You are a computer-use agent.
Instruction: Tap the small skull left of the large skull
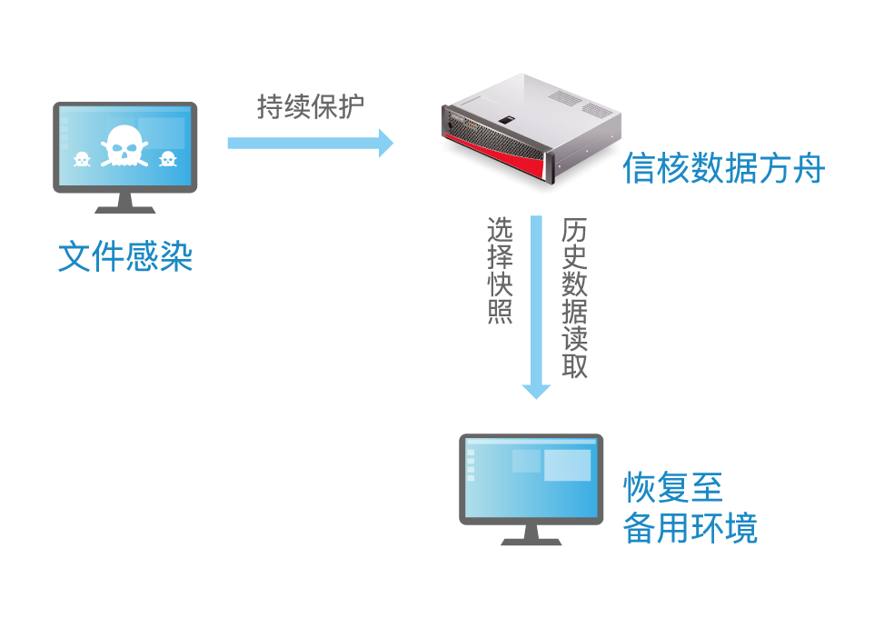coord(80,160)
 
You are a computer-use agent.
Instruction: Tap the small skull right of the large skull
coord(167,160)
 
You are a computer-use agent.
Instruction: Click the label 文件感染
coord(125,256)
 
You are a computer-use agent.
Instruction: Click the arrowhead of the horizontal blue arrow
coord(385,143)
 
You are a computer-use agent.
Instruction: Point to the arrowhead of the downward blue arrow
coord(536,390)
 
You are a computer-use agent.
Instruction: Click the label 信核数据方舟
coord(723,169)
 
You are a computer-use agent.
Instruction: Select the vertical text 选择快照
coord(501,270)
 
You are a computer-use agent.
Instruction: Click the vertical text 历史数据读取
coord(574,297)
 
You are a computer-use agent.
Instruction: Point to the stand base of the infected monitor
coord(124,208)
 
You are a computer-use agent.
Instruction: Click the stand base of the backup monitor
coord(531,540)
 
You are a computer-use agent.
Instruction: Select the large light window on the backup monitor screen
coord(567,464)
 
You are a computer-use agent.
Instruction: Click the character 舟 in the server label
coord(808,169)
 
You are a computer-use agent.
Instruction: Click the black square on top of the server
coord(505,119)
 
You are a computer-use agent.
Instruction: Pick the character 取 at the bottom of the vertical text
coord(574,365)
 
